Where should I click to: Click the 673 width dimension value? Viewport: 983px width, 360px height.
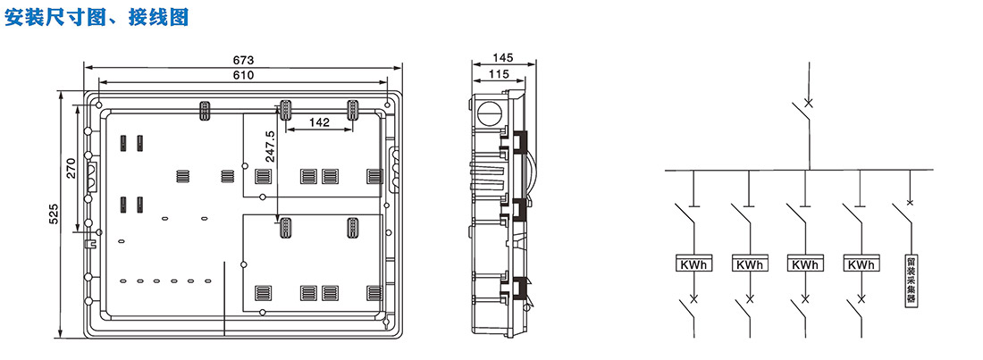(x=243, y=60)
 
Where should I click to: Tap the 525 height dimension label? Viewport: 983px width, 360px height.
(x=54, y=213)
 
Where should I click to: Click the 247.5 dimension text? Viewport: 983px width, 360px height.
(x=270, y=147)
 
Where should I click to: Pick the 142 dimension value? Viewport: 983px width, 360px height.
(x=320, y=123)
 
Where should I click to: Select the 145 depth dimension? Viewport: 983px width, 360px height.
(x=503, y=58)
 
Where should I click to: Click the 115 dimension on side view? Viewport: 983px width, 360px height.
(x=499, y=73)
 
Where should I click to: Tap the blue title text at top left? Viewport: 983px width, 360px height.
(x=97, y=17)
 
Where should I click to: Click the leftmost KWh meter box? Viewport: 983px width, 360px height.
(x=693, y=264)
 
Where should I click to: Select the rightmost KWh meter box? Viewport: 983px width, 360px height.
(x=861, y=264)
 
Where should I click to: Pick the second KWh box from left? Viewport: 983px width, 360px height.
(x=749, y=264)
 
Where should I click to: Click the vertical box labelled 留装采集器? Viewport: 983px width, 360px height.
(x=911, y=280)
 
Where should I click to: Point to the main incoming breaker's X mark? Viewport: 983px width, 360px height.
(x=809, y=103)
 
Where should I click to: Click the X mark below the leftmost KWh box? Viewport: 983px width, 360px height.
(x=693, y=297)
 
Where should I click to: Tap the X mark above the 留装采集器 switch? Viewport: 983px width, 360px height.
(x=911, y=202)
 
